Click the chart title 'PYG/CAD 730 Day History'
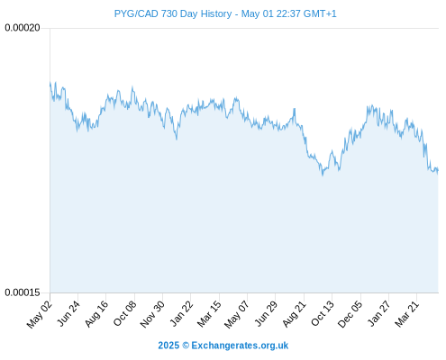pos(173,14)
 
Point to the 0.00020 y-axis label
pos(23,28)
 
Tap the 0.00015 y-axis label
pos(23,292)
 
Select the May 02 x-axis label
pos(40,314)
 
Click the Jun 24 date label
pos(68,314)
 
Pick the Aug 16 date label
pos(96,314)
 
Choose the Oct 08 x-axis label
pos(124,314)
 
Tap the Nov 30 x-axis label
pos(152,314)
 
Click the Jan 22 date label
pos(181,314)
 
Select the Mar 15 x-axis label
pos(209,314)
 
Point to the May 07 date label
pos(237,314)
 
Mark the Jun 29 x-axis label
pos(266,314)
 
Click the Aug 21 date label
pos(294,314)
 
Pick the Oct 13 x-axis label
pos(323,314)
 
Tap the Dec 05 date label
pos(350,314)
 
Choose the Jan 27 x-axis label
pos(378,314)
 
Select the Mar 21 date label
pos(407,314)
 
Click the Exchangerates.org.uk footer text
pos(240,346)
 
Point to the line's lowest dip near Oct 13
pos(323,175)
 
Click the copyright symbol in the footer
pos(186,346)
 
